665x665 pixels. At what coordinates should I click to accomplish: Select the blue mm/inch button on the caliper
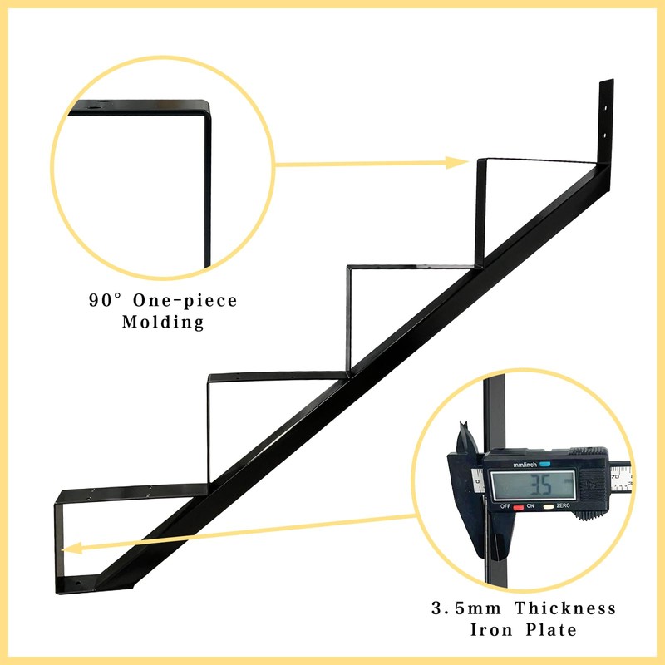click(545, 465)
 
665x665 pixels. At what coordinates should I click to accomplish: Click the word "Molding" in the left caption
click(163, 323)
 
